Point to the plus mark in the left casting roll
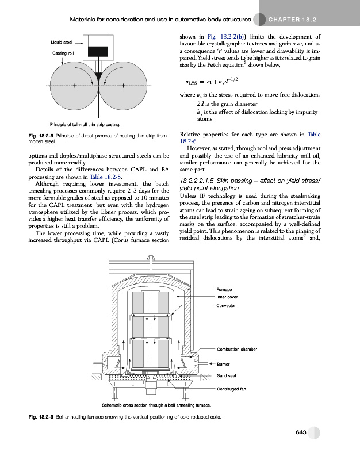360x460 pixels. [75, 87]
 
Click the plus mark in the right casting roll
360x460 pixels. [124, 87]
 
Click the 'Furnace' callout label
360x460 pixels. [224, 289]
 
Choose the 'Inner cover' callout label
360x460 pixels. [227, 297]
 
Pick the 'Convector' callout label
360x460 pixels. [226, 305]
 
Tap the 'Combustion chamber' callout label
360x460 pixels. [236, 349]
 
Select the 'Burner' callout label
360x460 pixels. [223, 363]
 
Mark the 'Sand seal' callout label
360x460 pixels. [225, 376]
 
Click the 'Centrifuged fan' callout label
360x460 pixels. [231, 389]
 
